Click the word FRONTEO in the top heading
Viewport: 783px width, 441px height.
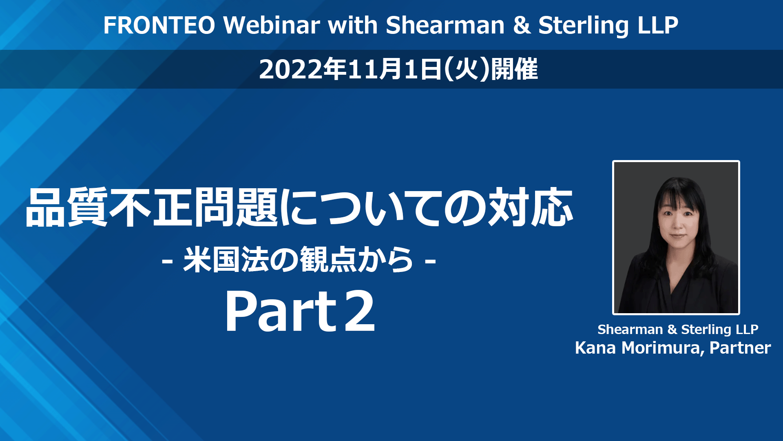tap(159, 25)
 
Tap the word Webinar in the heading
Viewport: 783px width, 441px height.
tap(272, 25)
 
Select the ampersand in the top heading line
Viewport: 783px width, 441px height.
tap(522, 25)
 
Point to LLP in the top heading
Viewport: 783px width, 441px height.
tap(658, 25)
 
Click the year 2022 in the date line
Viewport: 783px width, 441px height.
tap(291, 69)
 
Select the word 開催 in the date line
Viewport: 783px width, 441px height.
tap(514, 69)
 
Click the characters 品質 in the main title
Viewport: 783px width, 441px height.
tap(66, 207)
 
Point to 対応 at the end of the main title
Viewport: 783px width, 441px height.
tap(531, 207)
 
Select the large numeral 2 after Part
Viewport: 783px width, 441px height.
tap(359, 311)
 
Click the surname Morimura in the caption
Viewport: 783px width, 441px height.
tap(663, 348)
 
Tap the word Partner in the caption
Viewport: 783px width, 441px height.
tap(740, 348)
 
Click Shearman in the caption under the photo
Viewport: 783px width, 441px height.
tap(630, 329)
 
